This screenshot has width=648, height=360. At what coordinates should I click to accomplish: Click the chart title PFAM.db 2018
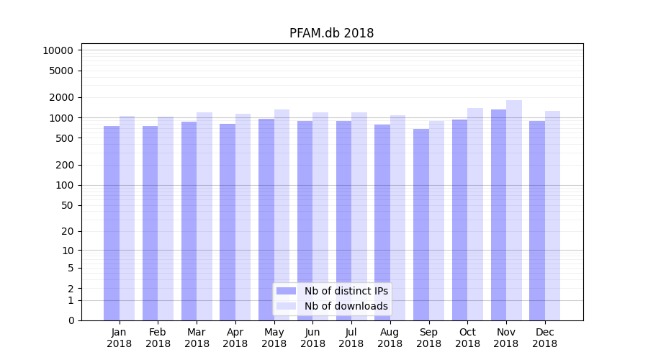tap(331, 33)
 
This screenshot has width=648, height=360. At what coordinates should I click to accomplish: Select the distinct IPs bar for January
tap(112, 223)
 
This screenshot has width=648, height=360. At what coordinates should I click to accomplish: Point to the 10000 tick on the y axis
tap(58, 50)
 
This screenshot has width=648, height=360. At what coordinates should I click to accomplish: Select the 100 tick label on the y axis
tap(65, 185)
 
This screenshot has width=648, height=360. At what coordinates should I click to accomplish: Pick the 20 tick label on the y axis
tap(68, 231)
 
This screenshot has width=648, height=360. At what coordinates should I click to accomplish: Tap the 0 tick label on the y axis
tap(71, 320)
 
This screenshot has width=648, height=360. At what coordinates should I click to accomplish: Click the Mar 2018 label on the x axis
tap(197, 338)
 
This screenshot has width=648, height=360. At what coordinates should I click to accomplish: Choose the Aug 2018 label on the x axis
tap(390, 338)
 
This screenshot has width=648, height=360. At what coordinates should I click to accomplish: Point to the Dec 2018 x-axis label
tap(544, 338)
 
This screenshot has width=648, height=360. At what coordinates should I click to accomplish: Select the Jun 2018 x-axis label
tap(312, 338)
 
